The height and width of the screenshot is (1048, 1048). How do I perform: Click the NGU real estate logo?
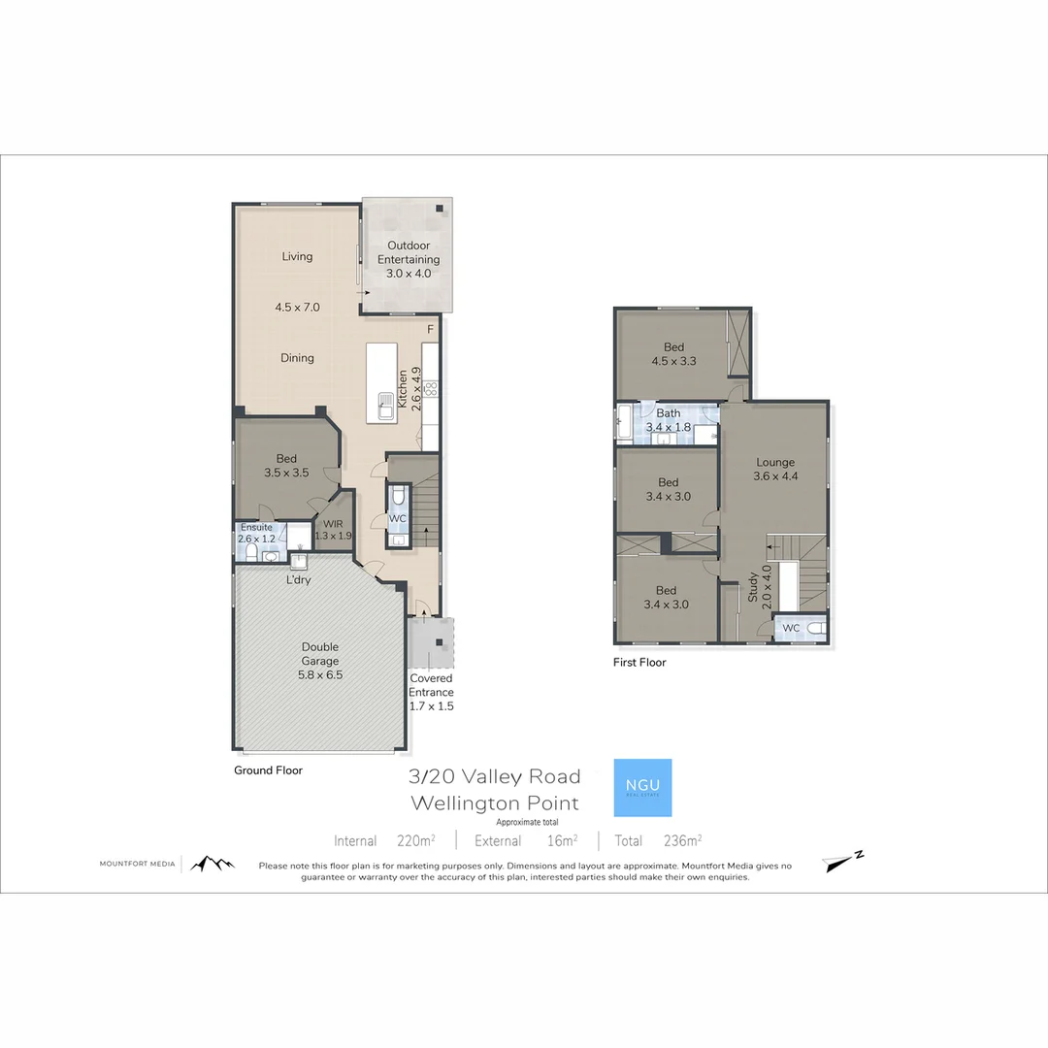point(642,787)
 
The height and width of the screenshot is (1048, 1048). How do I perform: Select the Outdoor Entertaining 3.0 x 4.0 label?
point(408,259)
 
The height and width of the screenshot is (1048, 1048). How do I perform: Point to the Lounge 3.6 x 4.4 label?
point(775,470)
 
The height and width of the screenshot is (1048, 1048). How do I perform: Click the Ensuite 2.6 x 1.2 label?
point(257,533)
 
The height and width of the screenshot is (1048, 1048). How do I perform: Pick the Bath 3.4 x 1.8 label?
point(669,419)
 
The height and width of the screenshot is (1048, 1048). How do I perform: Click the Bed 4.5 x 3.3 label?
point(673,354)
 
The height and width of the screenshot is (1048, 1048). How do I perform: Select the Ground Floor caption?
point(268,770)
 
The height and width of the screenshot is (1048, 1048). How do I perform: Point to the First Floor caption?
point(639,663)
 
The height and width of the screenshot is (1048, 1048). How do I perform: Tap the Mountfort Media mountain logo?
point(212,863)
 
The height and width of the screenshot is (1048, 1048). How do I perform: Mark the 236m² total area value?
point(682,840)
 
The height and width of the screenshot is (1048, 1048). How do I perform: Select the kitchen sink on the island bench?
point(385,405)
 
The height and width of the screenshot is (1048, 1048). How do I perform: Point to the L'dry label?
point(298,580)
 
